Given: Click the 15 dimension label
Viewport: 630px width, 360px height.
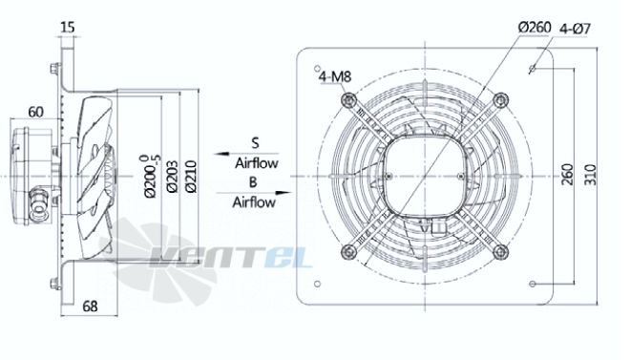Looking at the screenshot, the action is click(68, 28).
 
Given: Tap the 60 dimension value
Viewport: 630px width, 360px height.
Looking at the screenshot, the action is click(35, 112).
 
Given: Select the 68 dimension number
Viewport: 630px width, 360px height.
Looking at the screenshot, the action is click(90, 307).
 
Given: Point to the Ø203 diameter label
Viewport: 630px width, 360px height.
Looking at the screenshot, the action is click(173, 177).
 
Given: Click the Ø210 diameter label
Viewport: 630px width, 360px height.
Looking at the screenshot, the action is click(191, 177).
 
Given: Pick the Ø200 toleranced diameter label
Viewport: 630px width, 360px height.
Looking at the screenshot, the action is click(150, 176).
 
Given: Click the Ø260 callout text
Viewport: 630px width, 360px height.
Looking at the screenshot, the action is click(535, 28).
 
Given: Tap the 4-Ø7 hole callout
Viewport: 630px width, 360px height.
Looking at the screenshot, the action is click(575, 29).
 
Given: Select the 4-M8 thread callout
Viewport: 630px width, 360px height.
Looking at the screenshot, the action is click(335, 76).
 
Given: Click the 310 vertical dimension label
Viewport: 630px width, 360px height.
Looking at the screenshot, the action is click(590, 175).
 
